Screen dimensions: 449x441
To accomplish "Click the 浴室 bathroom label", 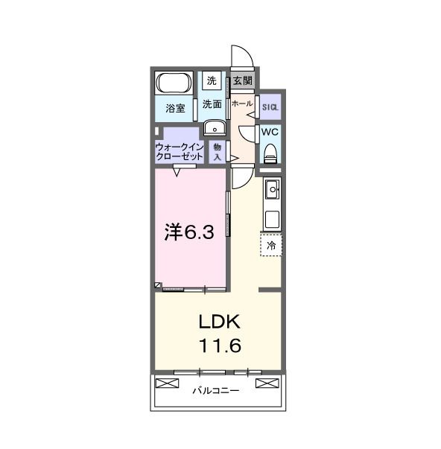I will (x=175, y=107).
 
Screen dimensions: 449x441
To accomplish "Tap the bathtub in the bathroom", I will (x=174, y=83).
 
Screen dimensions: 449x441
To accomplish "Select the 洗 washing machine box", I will (x=212, y=80).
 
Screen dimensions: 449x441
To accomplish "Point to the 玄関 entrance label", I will (x=242, y=80).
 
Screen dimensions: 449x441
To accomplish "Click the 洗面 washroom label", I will (x=212, y=104).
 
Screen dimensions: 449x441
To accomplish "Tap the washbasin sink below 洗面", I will (x=213, y=127).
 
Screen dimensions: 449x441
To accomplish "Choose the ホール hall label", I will (x=243, y=104).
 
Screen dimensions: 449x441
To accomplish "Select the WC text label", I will (x=269, y=133).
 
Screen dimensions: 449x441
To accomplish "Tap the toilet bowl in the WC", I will (x=270, y=153).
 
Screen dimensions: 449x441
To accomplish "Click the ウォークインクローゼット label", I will (x=180, y=152).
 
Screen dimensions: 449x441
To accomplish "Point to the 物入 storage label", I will (x=218, y=152).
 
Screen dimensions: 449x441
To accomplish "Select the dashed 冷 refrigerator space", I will (x=270, y=244).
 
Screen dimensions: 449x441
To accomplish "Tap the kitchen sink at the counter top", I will (x=270, y=189).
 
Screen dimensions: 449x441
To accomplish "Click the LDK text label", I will (x=218, y=322).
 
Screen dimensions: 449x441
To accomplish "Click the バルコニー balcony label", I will (x=216, y=390).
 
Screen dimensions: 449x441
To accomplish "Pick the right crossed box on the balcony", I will (x=266, y=383).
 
